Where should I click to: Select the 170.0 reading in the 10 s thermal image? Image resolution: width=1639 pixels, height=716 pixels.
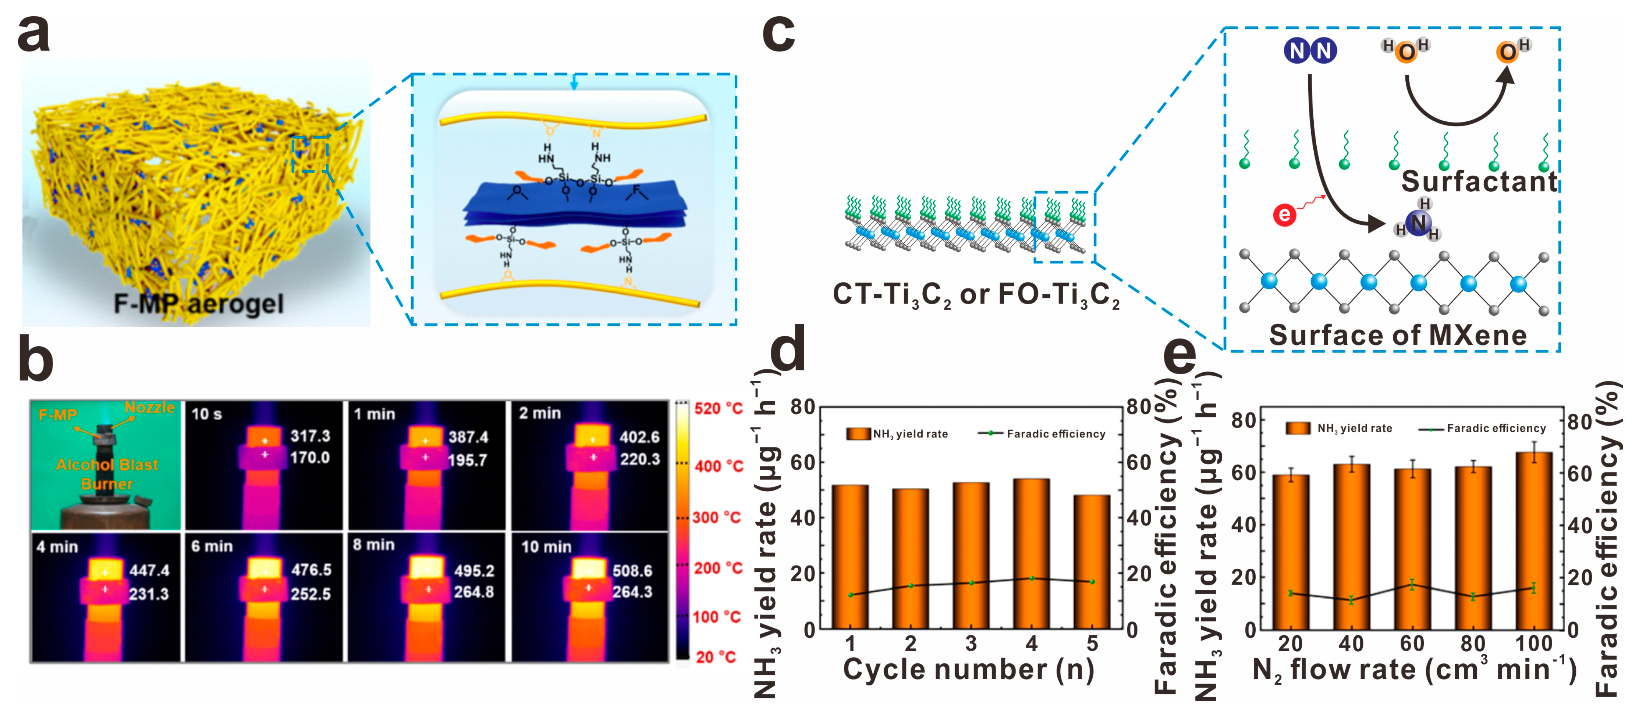click(x=310, y=458)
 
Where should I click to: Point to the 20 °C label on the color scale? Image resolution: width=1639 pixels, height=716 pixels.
click(x=715, y=657)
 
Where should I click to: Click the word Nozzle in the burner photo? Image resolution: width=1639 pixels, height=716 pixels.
click(x=149, y=407)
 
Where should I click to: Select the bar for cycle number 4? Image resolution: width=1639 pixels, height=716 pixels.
click(x=1031, y=554)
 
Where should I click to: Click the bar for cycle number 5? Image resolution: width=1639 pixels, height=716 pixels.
click(x=1092, y=561)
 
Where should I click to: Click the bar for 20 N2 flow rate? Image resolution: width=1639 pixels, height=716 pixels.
click(x=1290, y=552)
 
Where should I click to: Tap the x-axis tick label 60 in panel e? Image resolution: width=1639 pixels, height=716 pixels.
click(x=1412, y=644)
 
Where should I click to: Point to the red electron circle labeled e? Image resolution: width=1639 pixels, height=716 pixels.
click(x=1285, y=215)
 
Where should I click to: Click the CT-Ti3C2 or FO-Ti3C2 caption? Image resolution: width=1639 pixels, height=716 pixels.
click(x=975, y=295)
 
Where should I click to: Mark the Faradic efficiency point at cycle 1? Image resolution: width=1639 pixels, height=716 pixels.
click(x=851, y=595)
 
